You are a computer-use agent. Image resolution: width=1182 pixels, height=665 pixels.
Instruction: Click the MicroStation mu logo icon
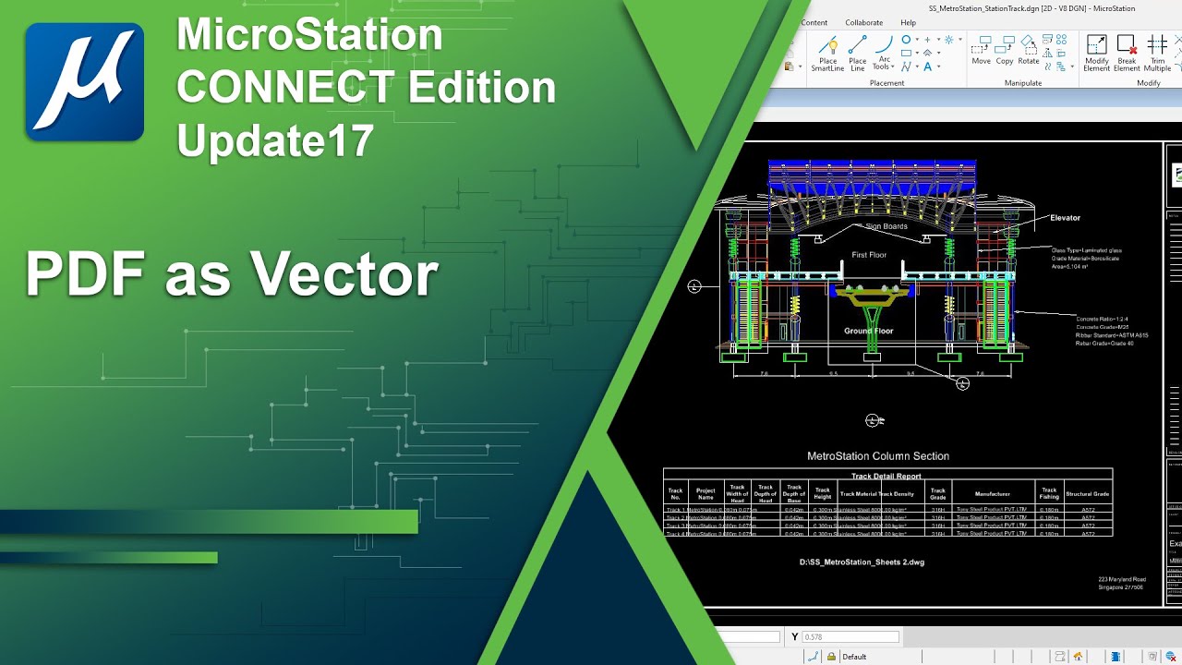85,82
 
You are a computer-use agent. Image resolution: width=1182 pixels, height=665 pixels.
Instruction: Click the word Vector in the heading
344,274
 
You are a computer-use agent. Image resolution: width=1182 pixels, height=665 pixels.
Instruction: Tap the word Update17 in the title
275,141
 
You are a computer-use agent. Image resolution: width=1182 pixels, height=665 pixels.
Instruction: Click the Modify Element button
1097,54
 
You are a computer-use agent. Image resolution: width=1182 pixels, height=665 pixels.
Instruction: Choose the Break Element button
1127,54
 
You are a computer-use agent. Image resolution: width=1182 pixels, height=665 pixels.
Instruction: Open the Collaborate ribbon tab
863,22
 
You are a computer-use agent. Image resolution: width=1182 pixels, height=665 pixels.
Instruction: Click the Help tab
909,22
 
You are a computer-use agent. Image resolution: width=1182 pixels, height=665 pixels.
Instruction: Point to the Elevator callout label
1065,218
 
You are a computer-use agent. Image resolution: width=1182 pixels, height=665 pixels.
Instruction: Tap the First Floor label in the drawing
869,255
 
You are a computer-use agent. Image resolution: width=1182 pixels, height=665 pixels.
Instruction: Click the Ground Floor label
869,331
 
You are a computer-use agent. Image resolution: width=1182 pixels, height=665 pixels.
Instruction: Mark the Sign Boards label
886,226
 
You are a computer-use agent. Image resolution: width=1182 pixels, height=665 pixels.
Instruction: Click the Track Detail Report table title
886,477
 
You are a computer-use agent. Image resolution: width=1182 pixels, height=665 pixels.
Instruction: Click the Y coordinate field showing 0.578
850,637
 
